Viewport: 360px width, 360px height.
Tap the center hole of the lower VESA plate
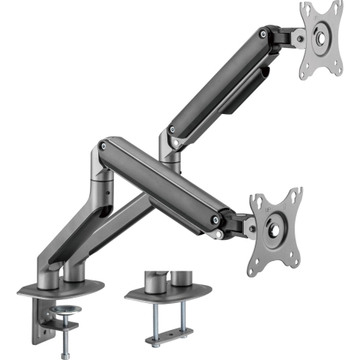click(x=277, y=222)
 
